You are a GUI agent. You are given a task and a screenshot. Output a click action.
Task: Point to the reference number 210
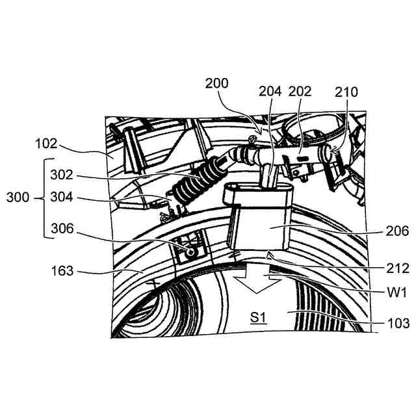tap(346, 92)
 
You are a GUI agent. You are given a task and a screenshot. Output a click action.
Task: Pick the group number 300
tap(17, 197)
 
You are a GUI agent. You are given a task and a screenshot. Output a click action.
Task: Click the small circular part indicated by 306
tap(190, 250)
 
